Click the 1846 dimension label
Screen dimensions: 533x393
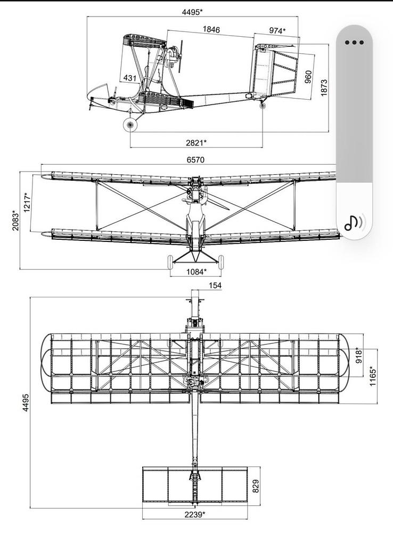211,30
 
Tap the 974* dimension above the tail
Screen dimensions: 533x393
277,31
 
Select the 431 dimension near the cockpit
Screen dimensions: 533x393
130,78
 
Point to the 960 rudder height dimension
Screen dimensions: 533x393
308,77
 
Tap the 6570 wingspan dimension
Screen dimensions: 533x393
195,159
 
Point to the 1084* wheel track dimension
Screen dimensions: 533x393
195,272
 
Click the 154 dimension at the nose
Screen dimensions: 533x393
215,286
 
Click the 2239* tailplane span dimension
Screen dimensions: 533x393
195,514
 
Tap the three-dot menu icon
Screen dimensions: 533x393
354,43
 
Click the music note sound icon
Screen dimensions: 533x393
354,222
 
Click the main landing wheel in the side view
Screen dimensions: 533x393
130,125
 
